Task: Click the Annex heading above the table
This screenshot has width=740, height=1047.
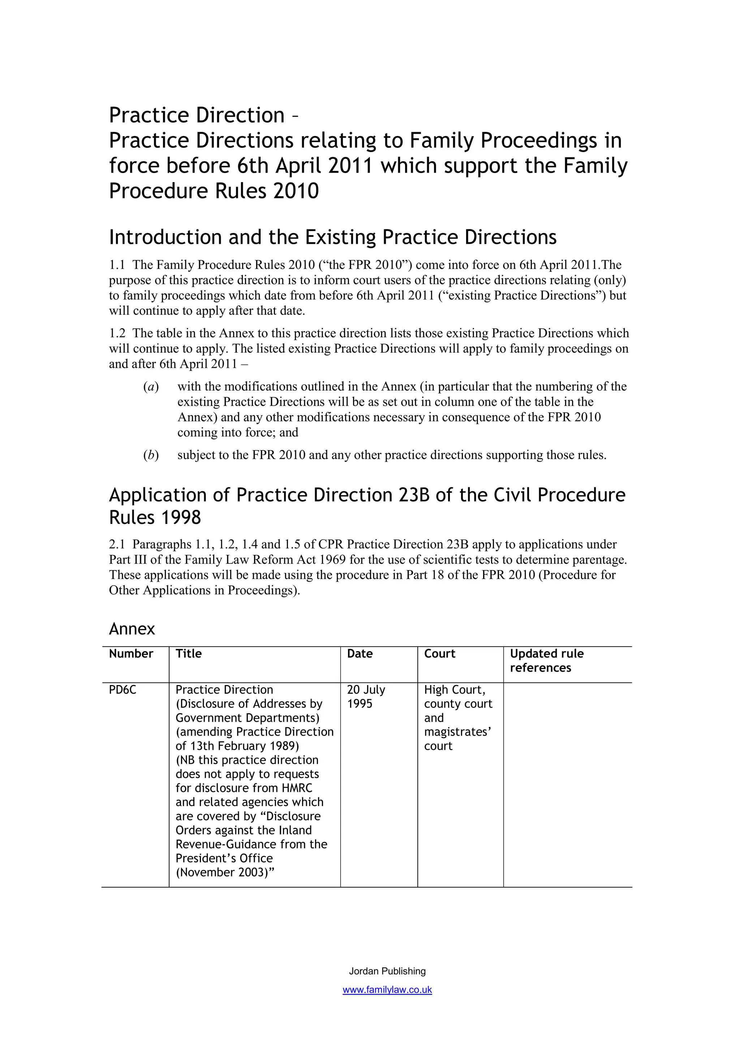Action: coord(132,629)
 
